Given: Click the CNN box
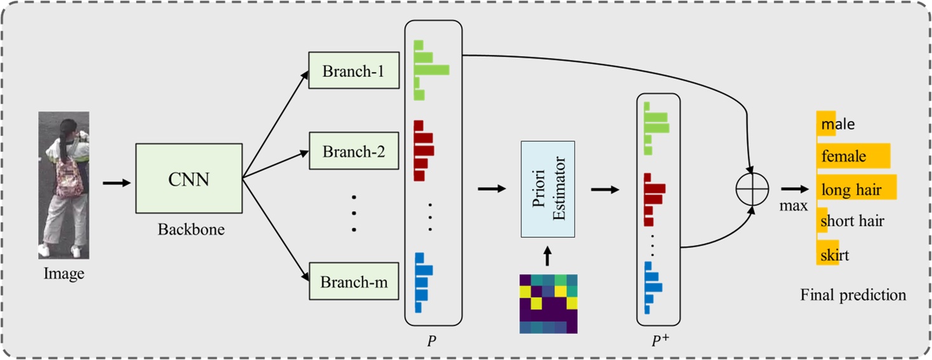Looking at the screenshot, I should [188, 178].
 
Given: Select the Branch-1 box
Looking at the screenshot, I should [353, 71].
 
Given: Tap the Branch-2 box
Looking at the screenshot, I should [353, 151].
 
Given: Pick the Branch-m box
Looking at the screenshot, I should [353, 281].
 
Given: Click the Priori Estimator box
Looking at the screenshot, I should [547, 190].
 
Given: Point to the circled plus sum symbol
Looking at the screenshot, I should [752, 189].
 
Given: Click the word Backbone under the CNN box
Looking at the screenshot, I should [191, 230].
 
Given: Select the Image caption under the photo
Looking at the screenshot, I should [64, 274].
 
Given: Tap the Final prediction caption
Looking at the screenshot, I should [853, 295].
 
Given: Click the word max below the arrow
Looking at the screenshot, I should [795, 205].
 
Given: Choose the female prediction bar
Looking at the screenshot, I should [853, 156].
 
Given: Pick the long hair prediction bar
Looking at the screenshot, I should [856, 189].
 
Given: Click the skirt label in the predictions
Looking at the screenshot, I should [835, 255].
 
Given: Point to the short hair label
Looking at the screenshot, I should [852, 222].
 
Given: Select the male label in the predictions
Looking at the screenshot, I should [838, 124].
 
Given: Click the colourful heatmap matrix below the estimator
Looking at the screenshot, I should [548, 303].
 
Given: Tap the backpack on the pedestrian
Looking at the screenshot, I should [68, 179].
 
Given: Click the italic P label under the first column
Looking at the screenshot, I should [432, 341].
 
